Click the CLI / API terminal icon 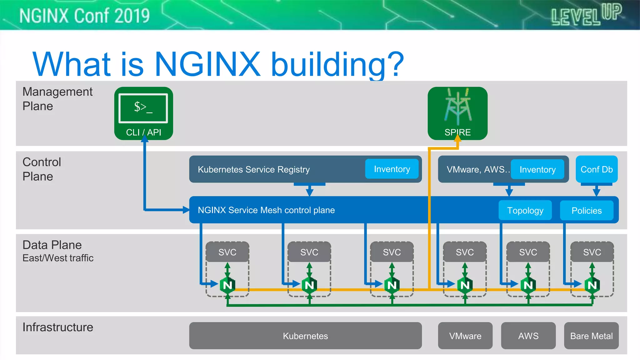pos(143,108)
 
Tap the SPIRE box pos(457,113)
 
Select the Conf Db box pos(597,169)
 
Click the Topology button pos(525,210)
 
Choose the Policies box pos(587,210)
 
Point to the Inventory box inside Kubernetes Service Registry pos(392,169)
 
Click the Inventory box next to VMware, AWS pos(537,169)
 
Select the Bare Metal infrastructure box pos(591,336)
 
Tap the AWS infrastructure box pos(528,336)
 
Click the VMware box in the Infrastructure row pos(465,336)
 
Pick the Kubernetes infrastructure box pos(305,336)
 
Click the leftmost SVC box pos(227,252)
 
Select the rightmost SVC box pos(592,252)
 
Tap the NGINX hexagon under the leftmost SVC pos(227,285)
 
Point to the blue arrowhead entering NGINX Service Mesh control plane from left pos(186,210)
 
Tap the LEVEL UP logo pos(587,15)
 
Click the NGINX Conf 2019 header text pos(84,16)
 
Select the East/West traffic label pos(58,258)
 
